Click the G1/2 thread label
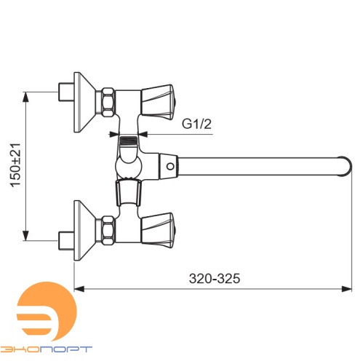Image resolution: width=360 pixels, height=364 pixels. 196,124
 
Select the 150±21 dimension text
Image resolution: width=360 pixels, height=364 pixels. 15,165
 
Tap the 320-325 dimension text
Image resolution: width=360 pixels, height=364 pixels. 215,278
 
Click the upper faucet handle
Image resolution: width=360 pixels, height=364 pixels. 158,102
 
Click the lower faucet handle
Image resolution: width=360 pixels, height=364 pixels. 158,231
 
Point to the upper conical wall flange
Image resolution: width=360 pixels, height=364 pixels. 84,103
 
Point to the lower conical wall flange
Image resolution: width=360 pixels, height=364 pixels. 84,231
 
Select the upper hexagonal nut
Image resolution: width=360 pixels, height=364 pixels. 108,102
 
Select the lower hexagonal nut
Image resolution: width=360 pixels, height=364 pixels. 108,230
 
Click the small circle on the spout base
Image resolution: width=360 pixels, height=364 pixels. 170,167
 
